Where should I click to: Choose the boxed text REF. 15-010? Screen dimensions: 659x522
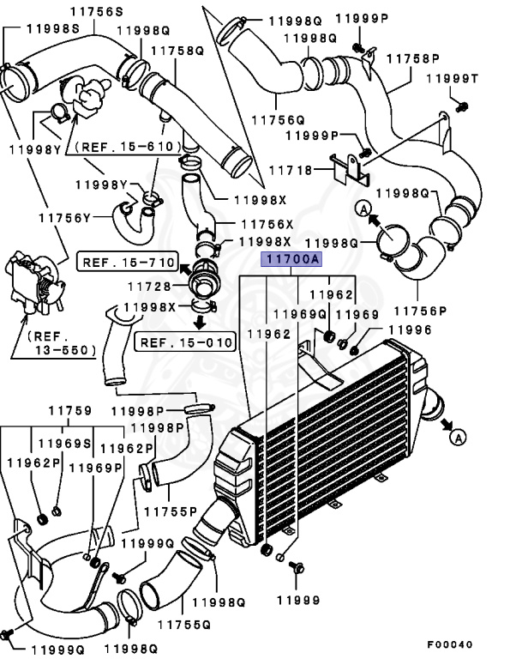tap(184, 343)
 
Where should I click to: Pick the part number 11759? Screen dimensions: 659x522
tap(69, 411)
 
